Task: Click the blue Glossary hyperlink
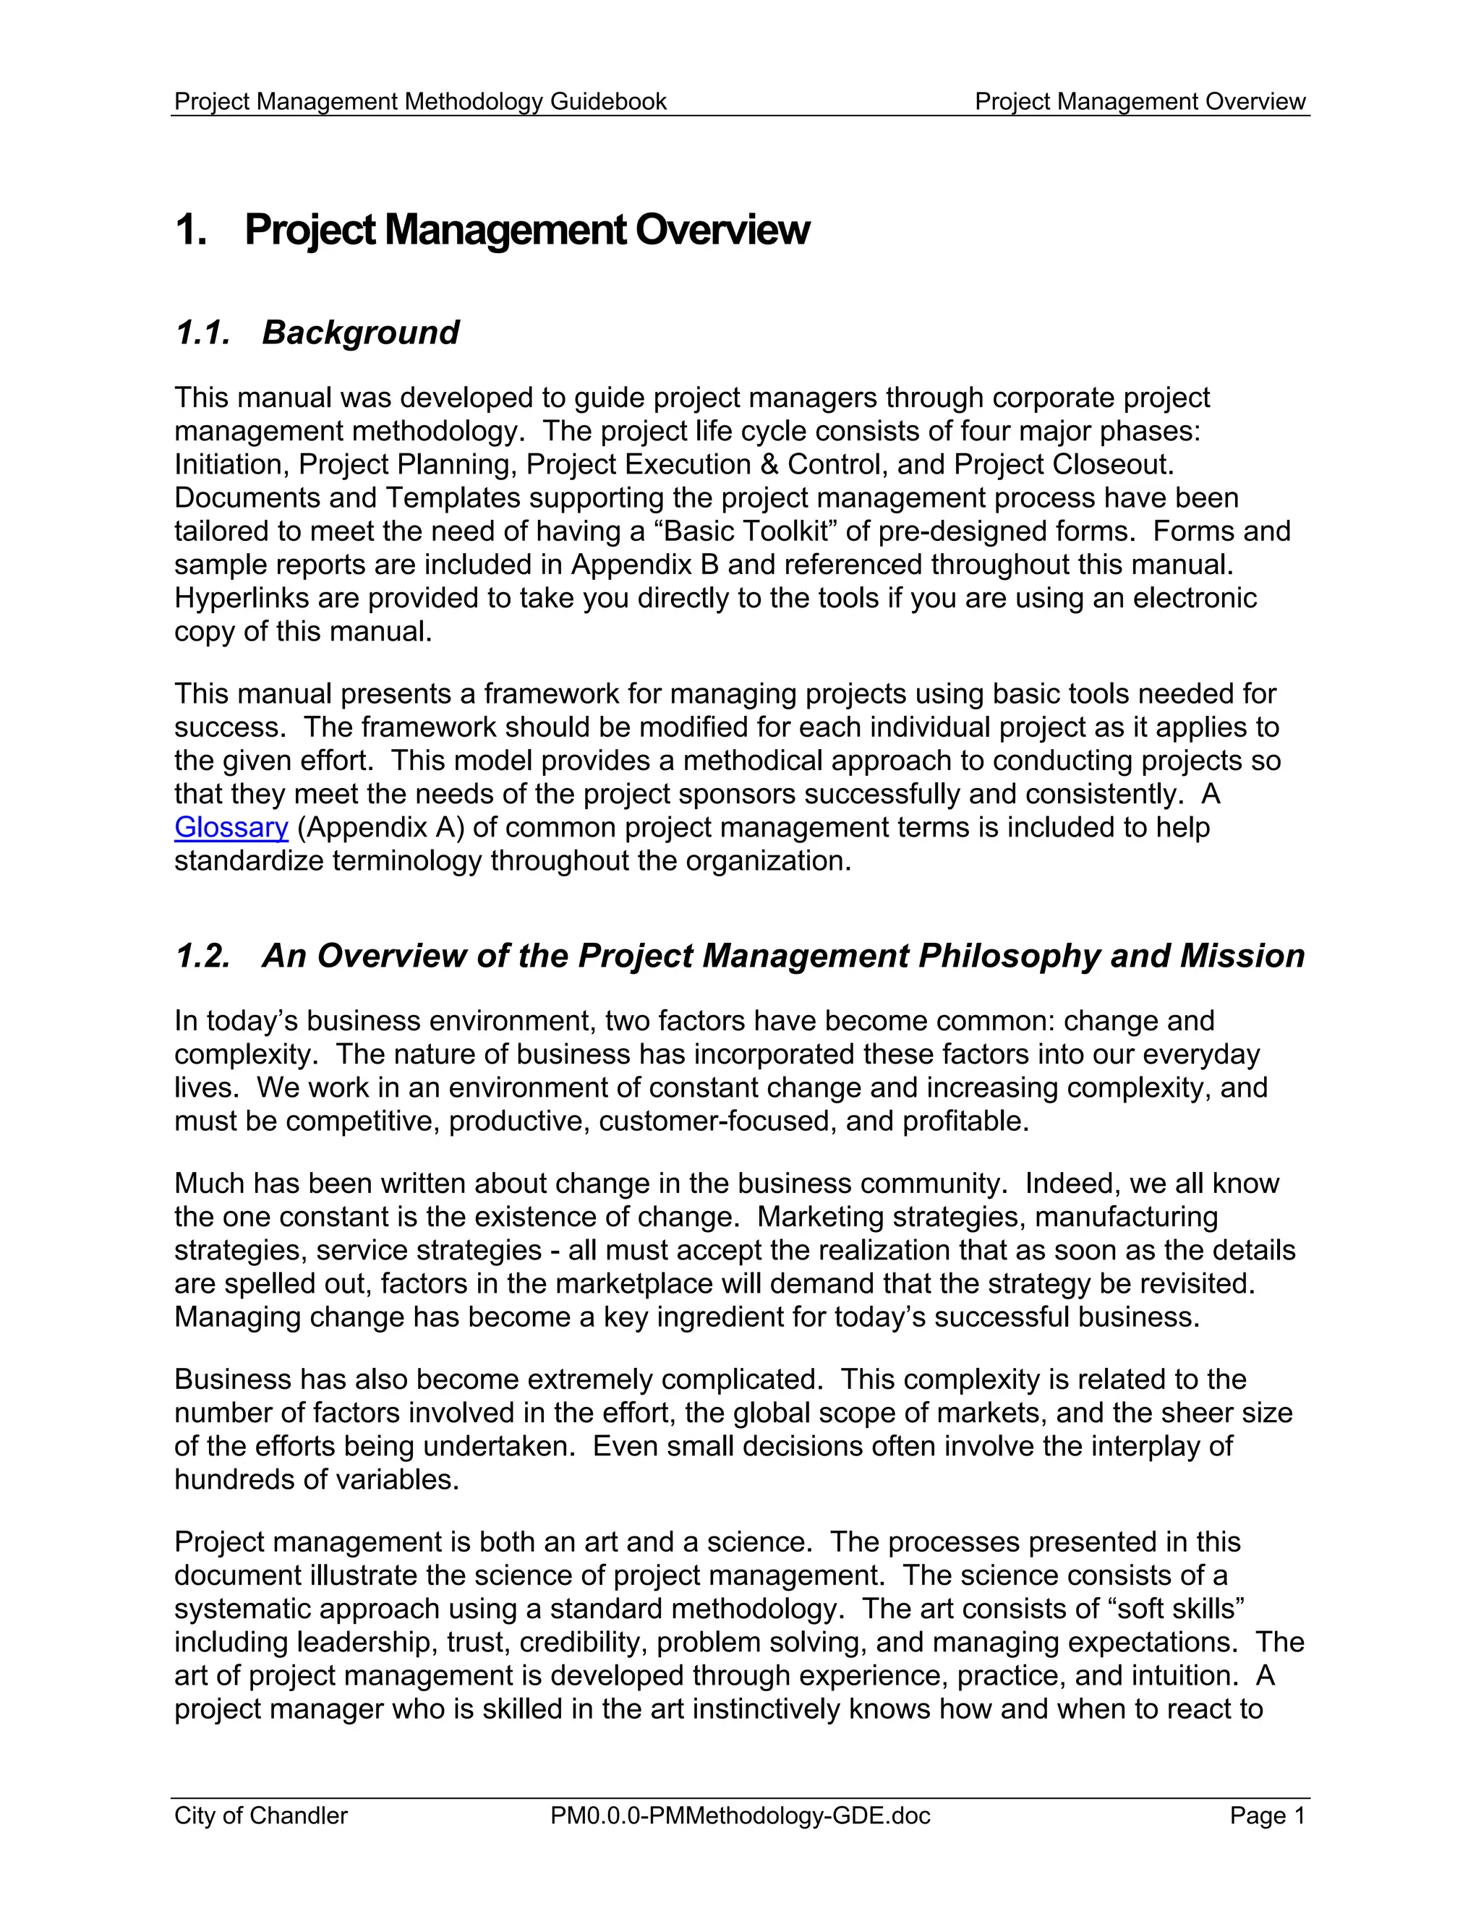(x=231, y=827)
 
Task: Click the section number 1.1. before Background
(x=202, y=333)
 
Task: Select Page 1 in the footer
(x=1267, y=1815)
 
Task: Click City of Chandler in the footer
(x=260, y=1815)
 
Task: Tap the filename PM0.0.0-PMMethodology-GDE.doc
(x=740, y=1815)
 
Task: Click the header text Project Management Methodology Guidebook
(x=420, y=102)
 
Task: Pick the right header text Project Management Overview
(x=1140, y=102)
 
